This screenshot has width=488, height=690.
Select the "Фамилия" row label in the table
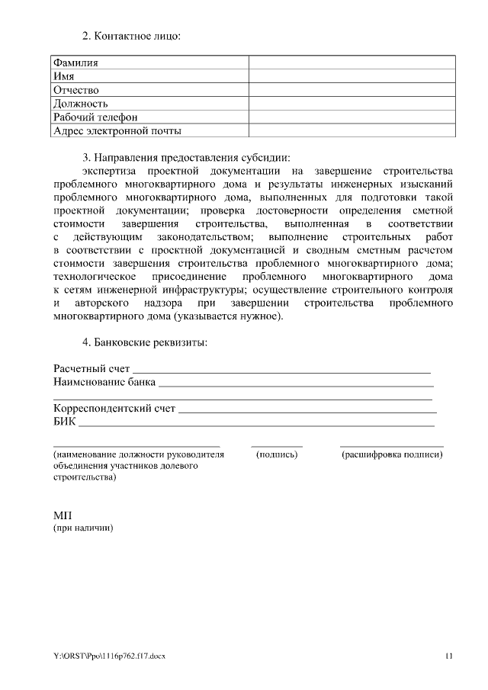pyautogui.click(x=76, y=63)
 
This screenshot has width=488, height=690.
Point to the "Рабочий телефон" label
pyautogui.click(x=95, y=117)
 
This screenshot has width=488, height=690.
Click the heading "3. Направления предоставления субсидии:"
pyautogui.click(x=187, y=157)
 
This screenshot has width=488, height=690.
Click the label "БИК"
pyautogui.click(x=64, y=422)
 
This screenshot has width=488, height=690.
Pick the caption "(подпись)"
pyautogui.click(x=277, y=454)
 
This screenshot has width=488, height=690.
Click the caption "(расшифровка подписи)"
pyautogui.click(x=392, y=454)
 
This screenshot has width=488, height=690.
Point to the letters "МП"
pyautogui.click(x=63, y=515)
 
